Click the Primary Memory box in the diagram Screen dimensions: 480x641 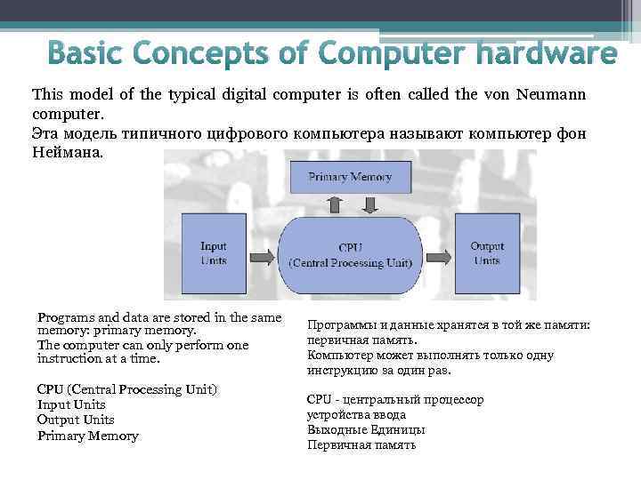350,177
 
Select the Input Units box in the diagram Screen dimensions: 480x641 213,253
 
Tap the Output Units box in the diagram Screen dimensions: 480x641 487,253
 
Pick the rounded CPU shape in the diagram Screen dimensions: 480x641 350,253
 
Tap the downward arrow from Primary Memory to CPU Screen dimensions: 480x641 366,205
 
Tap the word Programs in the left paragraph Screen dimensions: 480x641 63,317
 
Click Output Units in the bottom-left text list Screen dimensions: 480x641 76,420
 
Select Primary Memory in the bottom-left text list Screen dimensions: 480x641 87,436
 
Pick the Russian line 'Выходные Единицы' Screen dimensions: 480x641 365,429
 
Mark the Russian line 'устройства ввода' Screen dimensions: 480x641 356,415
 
